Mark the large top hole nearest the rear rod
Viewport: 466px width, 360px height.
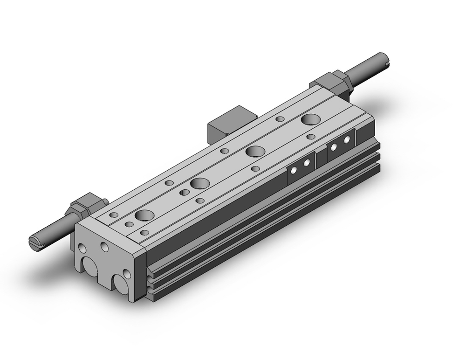pos(310,119)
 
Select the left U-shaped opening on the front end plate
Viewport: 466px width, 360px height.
pos(91,268)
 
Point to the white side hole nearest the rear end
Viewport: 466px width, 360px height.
pos(347,139)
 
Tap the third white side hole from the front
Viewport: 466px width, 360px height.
pos(334,146)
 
